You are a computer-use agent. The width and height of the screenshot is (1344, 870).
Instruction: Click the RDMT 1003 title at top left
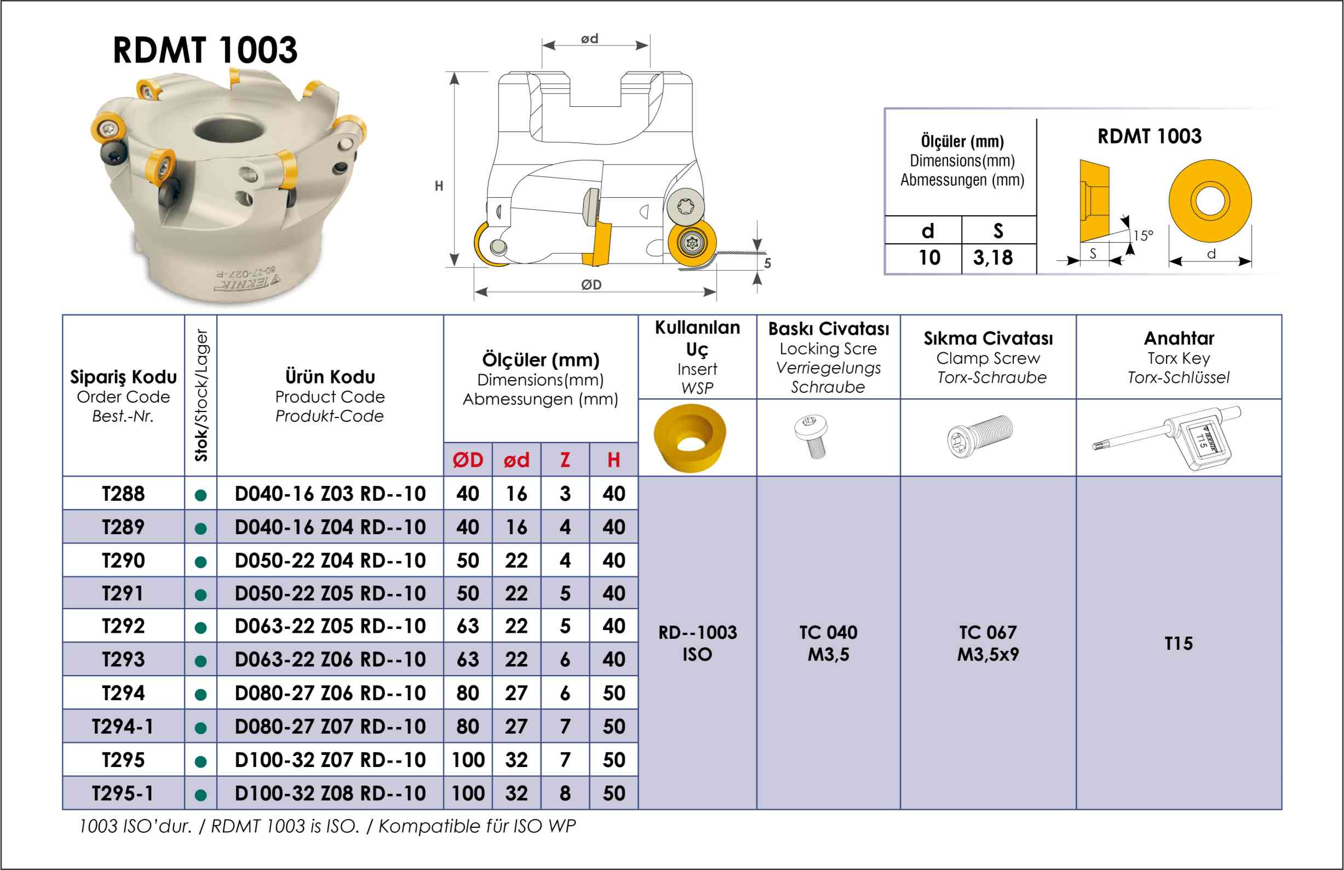point(205,50)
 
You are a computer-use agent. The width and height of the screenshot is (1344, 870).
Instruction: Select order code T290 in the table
point(123,560)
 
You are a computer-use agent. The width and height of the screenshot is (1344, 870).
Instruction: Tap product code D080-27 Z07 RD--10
point(330,726)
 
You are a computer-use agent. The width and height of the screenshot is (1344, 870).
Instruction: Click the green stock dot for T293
point(200,661)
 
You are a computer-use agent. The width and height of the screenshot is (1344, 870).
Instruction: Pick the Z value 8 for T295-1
point(565,793)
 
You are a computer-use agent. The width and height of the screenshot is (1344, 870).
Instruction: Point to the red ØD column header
point(468,460)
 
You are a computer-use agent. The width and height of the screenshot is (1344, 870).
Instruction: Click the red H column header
point(613,460)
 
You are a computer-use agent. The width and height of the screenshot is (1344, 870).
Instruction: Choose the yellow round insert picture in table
point(690,437)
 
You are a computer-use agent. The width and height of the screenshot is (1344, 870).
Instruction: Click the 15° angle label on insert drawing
point(1143,236)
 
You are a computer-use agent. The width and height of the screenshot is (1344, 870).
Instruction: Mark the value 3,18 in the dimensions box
point(993,257)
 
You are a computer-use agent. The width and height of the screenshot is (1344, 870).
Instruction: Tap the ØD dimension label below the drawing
point(591,285)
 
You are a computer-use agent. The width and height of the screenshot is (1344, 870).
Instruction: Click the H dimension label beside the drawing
point(439,186)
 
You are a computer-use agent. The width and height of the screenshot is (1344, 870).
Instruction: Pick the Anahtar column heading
point(1179,339)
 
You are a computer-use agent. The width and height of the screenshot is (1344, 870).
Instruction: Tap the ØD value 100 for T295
point(468,760)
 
